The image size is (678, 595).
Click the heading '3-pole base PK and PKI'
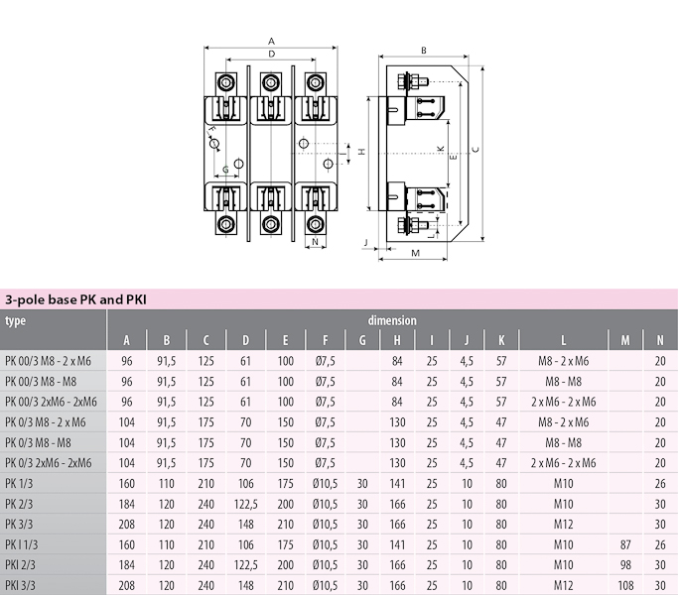[75, 297]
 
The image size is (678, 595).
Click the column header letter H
[397, 342]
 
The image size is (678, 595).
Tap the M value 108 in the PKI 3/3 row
[625, 586]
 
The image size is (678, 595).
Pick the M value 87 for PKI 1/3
[625, 543]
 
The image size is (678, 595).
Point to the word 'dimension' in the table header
[392, 320]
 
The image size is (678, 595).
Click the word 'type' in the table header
[16, 320]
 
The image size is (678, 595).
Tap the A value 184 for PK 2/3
[126, 504]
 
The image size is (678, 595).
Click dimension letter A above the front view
[270, 42]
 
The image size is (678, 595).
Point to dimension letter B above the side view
[423, 49]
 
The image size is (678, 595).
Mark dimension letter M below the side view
[415, 254]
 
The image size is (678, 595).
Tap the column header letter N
[660, 342]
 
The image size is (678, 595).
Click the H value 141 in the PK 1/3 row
[397, 483]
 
